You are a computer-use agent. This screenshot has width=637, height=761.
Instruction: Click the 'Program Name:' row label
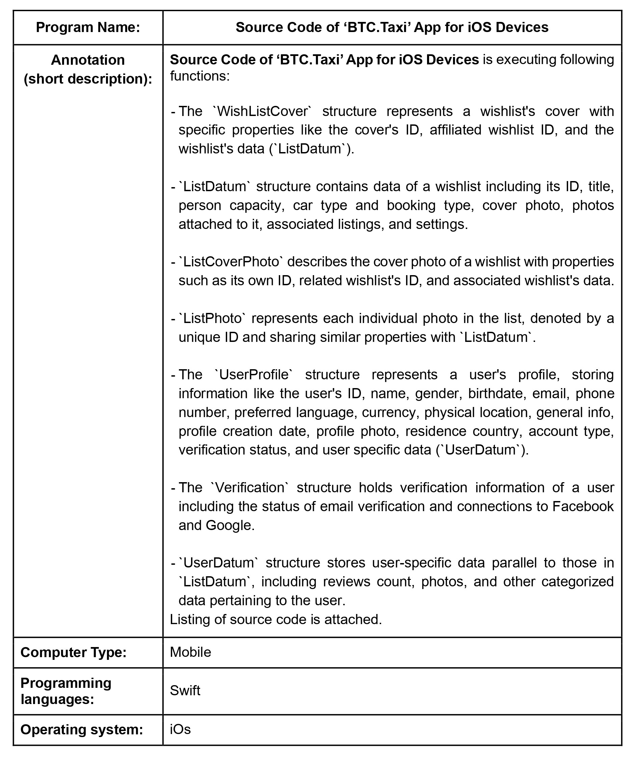(88, 28)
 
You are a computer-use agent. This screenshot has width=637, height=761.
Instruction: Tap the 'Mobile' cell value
(190, 652)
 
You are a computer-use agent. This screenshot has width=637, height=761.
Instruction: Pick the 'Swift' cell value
(185, 691)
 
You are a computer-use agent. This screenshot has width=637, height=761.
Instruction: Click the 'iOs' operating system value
(180, 729)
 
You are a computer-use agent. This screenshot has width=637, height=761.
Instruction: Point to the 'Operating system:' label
(82, 729)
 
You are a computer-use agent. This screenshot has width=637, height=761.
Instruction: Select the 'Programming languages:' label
(66, 691)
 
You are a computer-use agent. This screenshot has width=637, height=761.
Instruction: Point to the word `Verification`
(250, 488)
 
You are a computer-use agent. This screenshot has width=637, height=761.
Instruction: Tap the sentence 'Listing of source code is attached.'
(276, 619)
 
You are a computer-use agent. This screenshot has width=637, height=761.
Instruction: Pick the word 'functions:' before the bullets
(200, 76)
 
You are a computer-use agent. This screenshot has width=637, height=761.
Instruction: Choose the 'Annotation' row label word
(88, 60)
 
